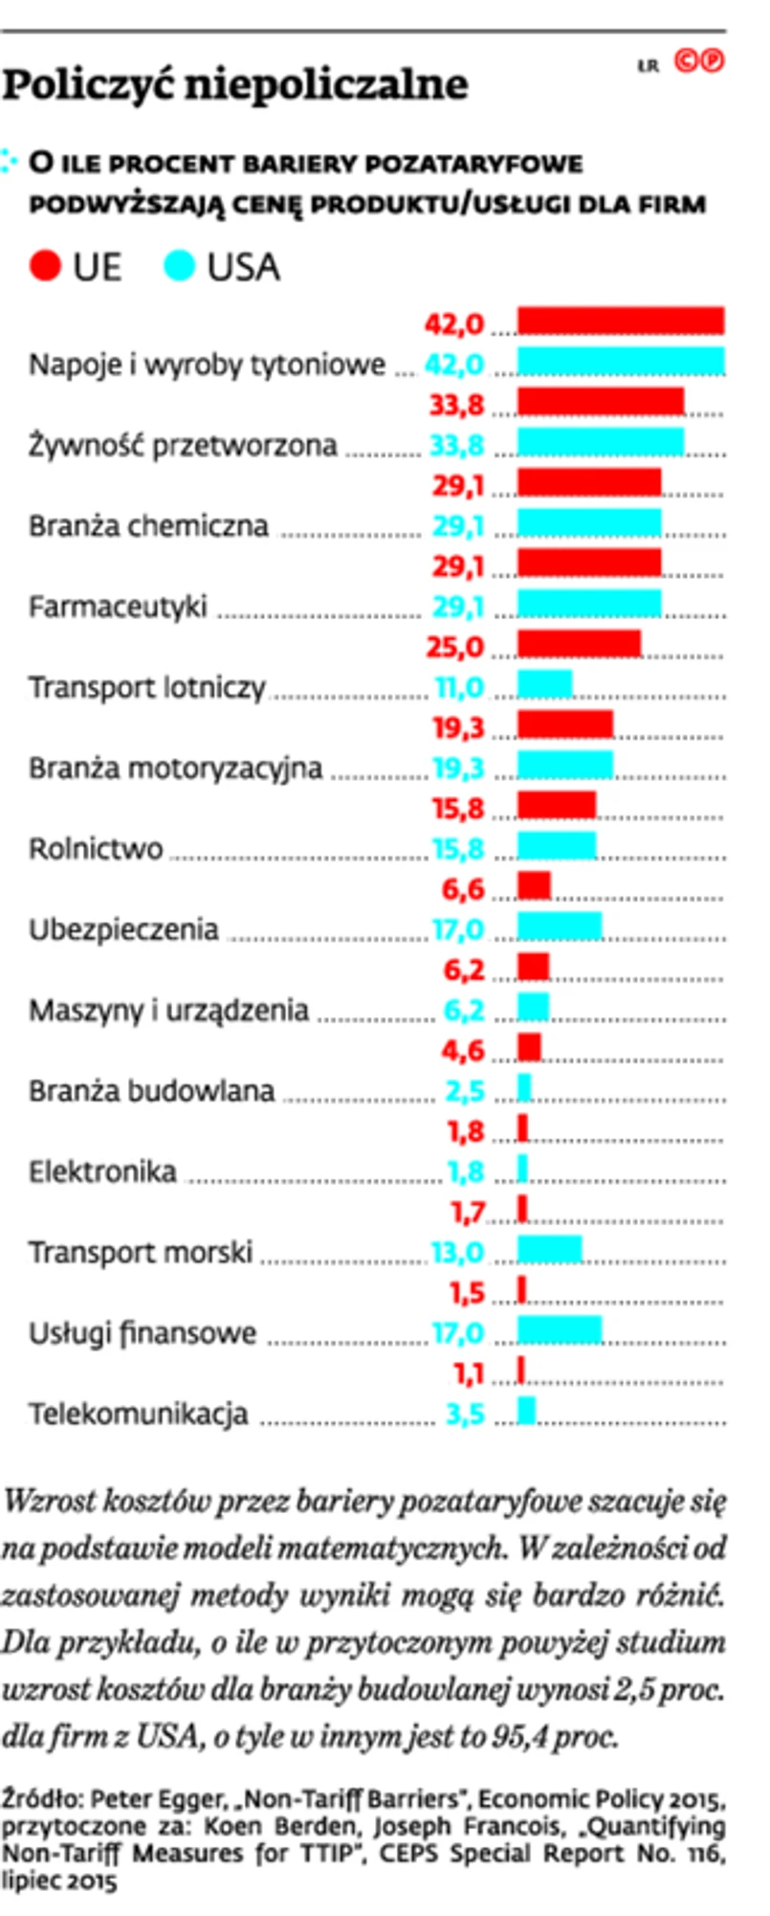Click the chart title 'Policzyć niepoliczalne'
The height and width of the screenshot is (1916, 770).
click(x=235, y=85)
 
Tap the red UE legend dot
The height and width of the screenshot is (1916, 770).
click(x=45, y=266)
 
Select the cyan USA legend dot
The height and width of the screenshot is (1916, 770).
click(x=179, y=266)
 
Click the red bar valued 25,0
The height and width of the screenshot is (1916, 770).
click(x=579, y=644)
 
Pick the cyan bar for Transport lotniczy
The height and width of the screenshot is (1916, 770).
click(x=544, y=684)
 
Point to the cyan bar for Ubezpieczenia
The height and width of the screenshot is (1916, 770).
click(x=560, y=926)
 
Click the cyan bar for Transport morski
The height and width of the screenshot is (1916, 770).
click(x=549, y=1249)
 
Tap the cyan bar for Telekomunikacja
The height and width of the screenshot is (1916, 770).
click(x=526, y=1411)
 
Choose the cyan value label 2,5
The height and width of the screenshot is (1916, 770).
click(x=465, y=1091)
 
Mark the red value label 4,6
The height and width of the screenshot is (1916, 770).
click(x=463, y=1051)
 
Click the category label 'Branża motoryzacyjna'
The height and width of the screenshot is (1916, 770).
click(x=175, y=769)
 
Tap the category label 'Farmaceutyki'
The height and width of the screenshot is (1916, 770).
click(x=118, y=607)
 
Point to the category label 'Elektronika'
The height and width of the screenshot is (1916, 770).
click(x=102, y=1171)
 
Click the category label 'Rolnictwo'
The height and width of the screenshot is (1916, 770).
click(x=96, y=849)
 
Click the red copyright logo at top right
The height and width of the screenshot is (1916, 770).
click(x=699, y=61)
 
